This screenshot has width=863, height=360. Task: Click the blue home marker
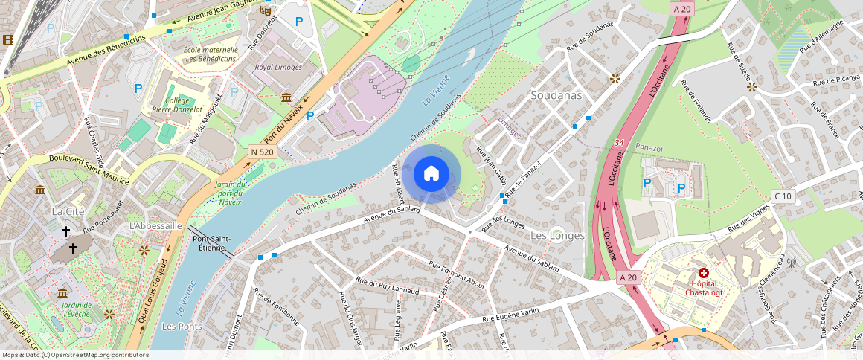[x=431, y=174]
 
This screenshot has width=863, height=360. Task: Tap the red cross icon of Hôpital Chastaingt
[x=703, y=274]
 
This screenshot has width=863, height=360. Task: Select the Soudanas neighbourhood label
[x=556, y=95]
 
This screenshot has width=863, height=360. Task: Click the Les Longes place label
[x=557, y=235]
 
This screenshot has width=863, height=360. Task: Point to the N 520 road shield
[x=262, y=152]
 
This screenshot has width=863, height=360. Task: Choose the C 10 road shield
[x=782, y=196]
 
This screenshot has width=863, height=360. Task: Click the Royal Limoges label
[x=278, y=67]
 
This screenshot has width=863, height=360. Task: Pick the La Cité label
[x=67, y=211]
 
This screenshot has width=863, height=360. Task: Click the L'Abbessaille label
[x=155, y=225]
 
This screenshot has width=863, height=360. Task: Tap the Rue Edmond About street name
[x=457, y=274]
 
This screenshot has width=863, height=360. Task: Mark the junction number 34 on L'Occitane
[x=619, y=142]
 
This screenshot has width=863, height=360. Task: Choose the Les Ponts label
[x=182, y=327]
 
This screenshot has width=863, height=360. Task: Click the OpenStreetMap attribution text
[x=75, y=355]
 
